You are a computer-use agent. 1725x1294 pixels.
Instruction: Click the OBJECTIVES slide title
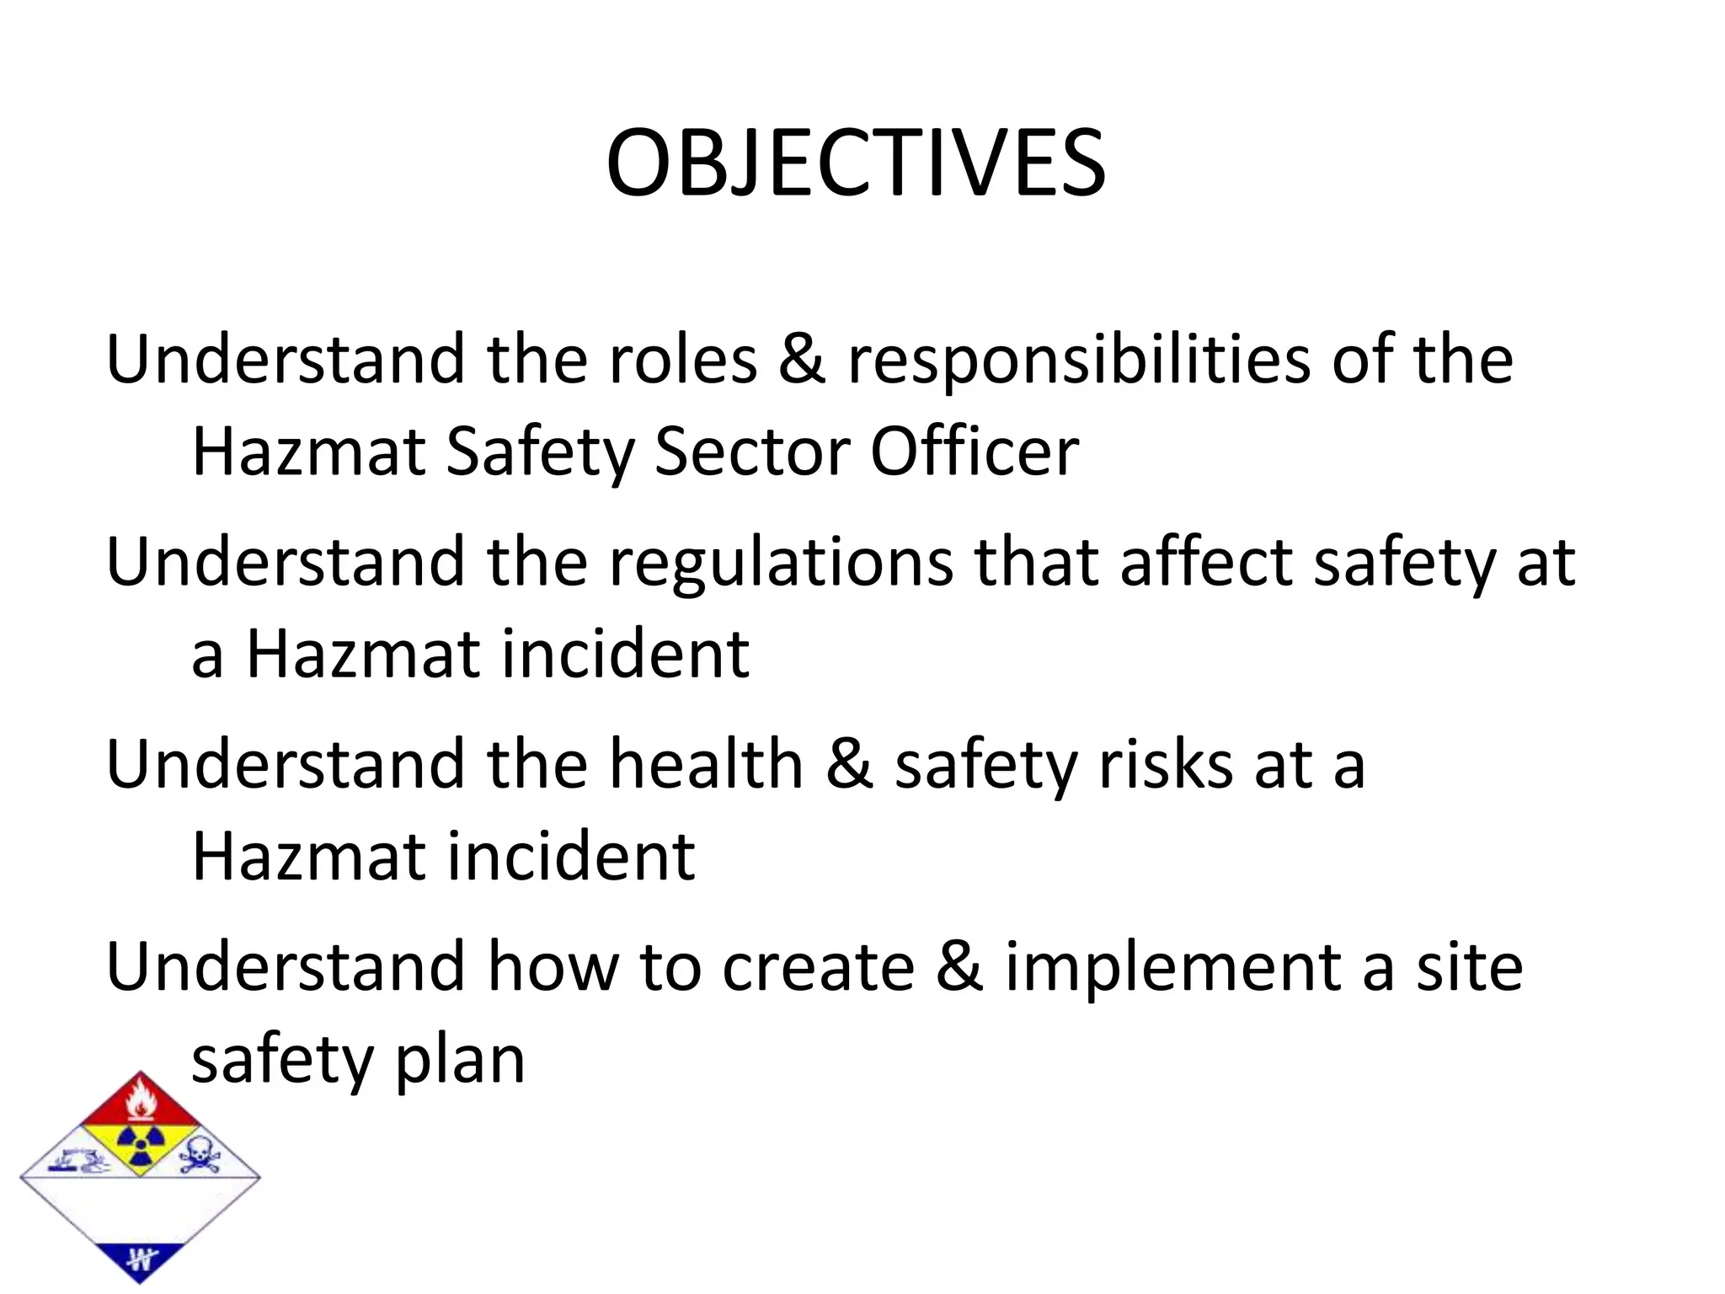(855, 163)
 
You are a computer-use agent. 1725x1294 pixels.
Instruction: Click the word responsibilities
(1078, 360)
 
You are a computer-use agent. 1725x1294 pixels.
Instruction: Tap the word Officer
(974, 452)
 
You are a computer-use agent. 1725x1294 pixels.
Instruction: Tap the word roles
(682, 360)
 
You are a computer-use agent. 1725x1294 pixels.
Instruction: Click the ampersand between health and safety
(849, 764)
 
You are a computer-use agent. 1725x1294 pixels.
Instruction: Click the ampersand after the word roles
(801, 360)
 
